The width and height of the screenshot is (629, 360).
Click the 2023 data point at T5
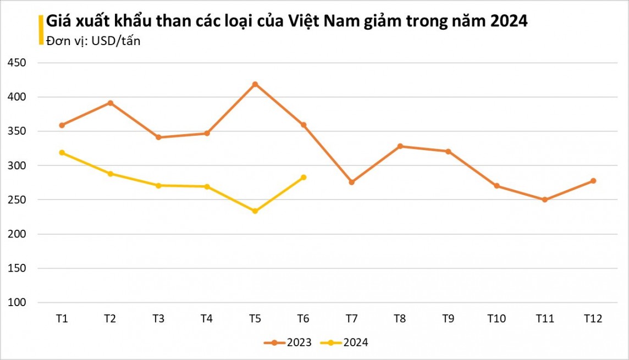click(255, 84)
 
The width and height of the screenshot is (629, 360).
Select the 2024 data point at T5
click(255, 211)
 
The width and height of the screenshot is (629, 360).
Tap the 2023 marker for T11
click(545, 200)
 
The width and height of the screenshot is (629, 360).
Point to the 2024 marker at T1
click(62, 153)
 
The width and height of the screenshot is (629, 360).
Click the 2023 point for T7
click(352, 182)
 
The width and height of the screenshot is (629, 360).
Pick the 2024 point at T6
click(304, 178)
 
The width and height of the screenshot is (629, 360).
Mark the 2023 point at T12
click(593, 181)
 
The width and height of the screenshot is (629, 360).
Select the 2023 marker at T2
click(110, 103)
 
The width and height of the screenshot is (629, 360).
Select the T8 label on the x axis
click(400, 319)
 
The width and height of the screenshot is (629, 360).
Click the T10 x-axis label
click(496, 319)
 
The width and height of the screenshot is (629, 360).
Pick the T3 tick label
click(158, 319)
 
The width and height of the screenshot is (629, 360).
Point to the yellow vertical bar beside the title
click(41, 30)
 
